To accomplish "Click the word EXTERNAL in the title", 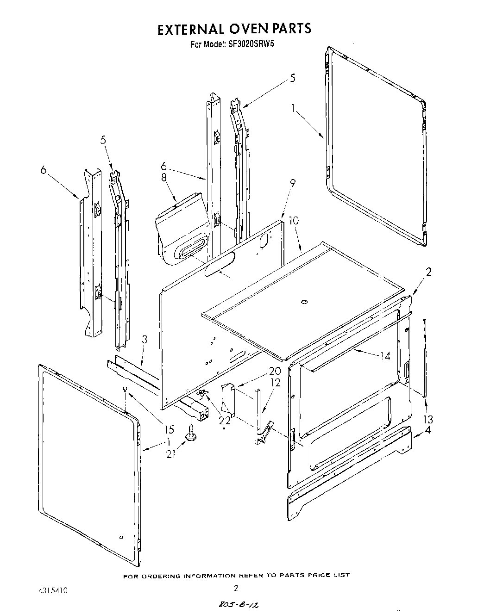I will coord(189,29).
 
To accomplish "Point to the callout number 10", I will coord(294,221).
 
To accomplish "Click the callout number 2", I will coord(428,272).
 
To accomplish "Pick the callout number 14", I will coord(384,356).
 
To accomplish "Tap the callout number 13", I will coord(428,419).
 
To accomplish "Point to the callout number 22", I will coord(224,421).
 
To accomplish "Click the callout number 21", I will coord(171,454).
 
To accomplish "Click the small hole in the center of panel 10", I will coord(303,302).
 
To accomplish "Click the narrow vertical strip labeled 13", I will coord(425,356).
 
